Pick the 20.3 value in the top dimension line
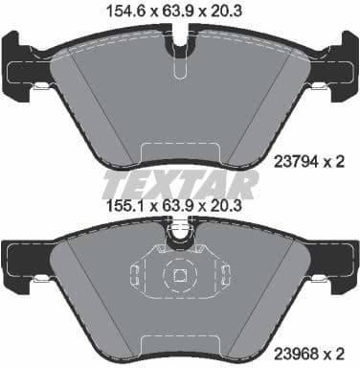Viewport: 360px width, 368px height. (x=238, y=11)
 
